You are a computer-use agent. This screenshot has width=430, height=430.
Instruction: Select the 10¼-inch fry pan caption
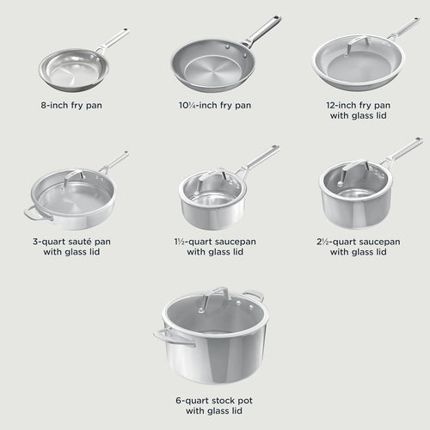click(x=216, y=106)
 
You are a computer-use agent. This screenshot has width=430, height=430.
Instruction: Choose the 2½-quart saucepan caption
click(x=358, y=247)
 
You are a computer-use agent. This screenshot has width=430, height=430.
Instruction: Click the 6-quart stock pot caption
click(x=215, y=405)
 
